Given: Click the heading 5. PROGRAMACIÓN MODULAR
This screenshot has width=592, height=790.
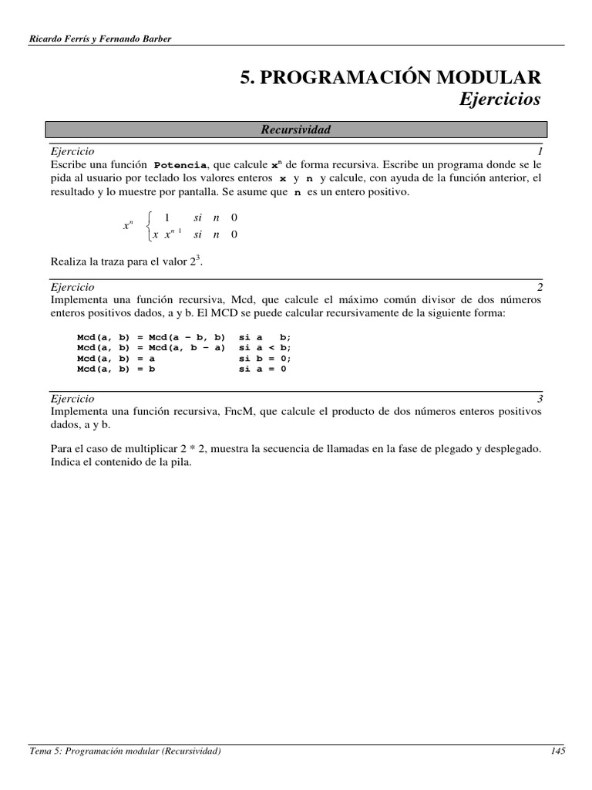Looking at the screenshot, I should click(391, 76).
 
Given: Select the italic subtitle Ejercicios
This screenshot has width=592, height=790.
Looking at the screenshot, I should click(500, 100).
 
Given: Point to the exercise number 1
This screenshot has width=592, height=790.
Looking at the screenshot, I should click(540, 153).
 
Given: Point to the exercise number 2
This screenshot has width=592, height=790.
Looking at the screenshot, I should click(540, 285).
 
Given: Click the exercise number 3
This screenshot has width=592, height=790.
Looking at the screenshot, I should click(540, 399).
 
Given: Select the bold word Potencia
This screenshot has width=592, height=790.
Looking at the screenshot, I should click(181, 166).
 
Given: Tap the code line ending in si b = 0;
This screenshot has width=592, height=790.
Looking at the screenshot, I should click(185, 358).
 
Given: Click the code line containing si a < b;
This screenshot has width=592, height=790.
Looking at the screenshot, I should click(185, 347).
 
